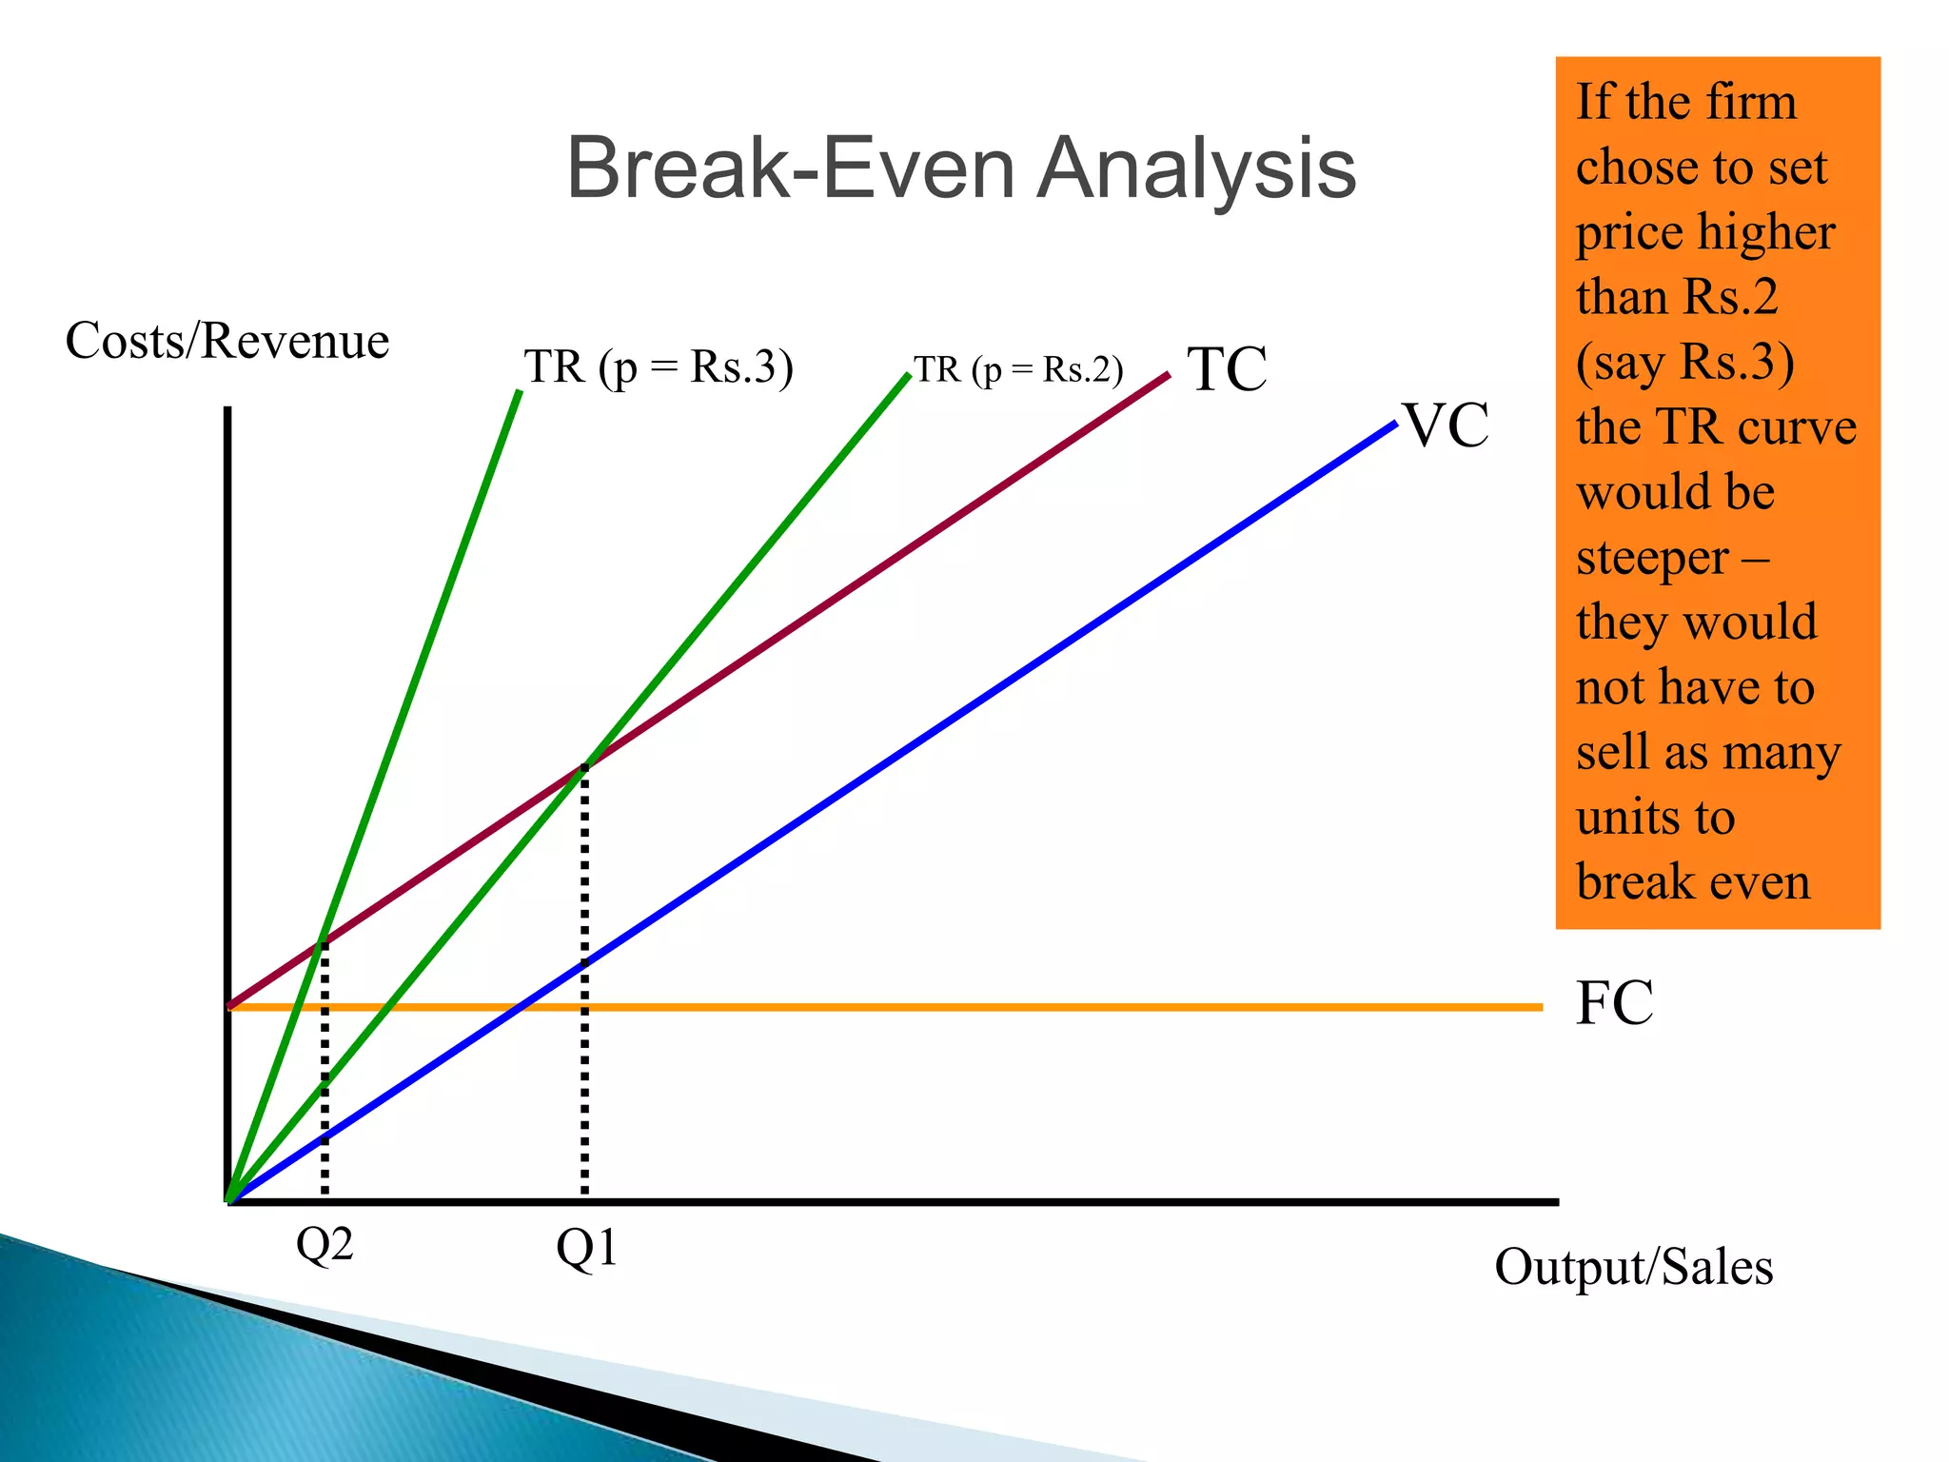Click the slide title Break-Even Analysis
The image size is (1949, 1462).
[961, 168]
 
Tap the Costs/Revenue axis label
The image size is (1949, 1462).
[227, 341]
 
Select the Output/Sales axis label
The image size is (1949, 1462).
[1633, 1267]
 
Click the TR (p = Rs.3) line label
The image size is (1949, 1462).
[658, 367]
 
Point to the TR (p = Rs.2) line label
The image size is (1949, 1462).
[1018, 369]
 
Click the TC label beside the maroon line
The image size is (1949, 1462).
[1227, 369]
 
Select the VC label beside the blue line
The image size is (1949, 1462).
[1447, 425]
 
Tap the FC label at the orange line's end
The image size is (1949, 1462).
[1614, 1003]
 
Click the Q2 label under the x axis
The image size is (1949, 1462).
[325, 1244]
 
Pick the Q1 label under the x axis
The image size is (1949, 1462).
[586, 1247]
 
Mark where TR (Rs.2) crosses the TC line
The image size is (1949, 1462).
[584, 766]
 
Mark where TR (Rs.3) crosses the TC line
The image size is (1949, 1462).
[324, 940]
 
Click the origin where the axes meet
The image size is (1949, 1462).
[228, 1200]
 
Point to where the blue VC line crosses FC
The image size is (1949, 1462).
[515, 1006]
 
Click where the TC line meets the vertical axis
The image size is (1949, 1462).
[228, 1004]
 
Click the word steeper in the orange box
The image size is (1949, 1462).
[1652, 558]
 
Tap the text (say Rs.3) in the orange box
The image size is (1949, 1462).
[1684, 363]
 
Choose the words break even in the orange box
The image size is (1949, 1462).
[1692, 881]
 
